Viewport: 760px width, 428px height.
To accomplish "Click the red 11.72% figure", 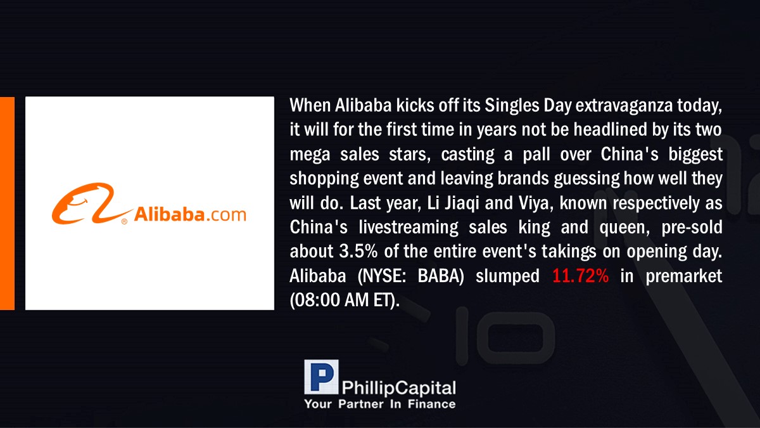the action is tap(581, 276).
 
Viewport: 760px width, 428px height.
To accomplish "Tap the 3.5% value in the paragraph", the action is tap(358, 251).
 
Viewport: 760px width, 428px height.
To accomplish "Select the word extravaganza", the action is tap(624, 106).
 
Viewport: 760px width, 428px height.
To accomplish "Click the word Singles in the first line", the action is tap(512, 106).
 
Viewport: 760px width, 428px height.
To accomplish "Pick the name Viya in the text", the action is tap(536, 204).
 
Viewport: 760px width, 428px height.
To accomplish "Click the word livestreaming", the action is tap(408, 228).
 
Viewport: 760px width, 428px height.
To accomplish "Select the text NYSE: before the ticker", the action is tap(382, 276).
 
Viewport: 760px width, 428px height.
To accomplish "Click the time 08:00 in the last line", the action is tap(317, 301).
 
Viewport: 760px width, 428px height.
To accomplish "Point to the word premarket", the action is tap(683, 276).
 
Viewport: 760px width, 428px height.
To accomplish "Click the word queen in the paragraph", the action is tap(624, 228).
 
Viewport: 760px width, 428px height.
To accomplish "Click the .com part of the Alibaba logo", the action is tap(225, 215).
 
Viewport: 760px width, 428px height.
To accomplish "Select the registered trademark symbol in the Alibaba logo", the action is tap(124, 221).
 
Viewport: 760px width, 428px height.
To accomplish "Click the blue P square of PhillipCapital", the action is tap(321, 377).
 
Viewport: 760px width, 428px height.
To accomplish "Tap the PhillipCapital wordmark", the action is tap(398, 388).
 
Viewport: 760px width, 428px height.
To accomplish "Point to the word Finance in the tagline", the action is tap(431, 404).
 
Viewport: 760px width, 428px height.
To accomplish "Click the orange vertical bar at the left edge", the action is tap(7, 204).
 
